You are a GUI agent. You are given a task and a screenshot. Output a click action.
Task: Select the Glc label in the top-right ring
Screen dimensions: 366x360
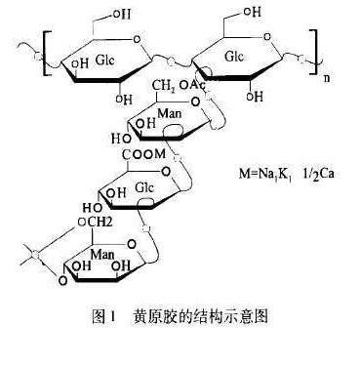(x=235, y=58)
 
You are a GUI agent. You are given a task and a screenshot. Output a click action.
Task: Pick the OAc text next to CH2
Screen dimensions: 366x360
(x=195, y=87)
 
